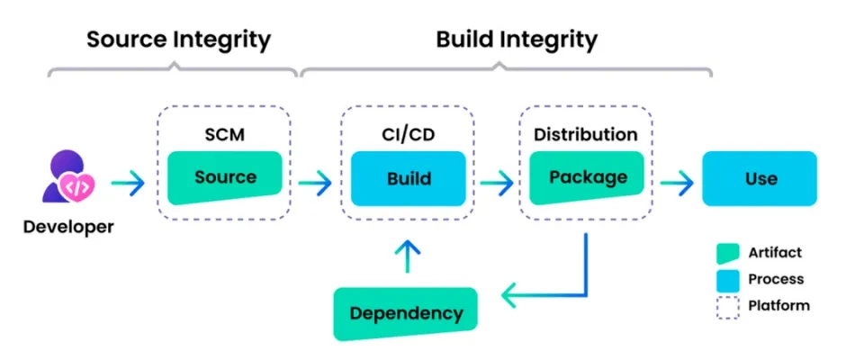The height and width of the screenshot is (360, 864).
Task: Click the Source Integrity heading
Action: point(178,40)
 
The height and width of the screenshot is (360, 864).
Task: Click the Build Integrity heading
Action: point(517,40)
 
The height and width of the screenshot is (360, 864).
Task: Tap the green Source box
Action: point(225,177)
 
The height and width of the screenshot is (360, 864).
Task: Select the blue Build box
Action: point(408,178)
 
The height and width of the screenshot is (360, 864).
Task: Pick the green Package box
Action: point(586,177)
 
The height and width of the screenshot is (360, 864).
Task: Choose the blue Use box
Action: point(760,178)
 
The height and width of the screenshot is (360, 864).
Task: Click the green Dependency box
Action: point(405,313)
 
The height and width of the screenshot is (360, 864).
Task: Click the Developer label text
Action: point(68,227)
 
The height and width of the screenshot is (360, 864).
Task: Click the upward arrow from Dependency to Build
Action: point(408,256)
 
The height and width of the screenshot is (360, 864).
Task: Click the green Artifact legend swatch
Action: point(727,253)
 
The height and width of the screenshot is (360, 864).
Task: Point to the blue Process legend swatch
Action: point(727,279)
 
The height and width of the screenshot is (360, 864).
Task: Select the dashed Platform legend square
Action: point(727,306)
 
